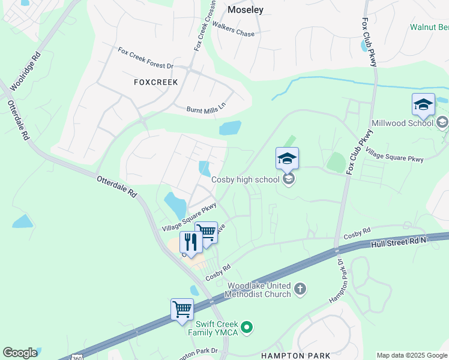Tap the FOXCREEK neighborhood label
click(155, 82)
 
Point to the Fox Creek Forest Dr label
click(145, 58)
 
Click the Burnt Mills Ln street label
click(206, 107)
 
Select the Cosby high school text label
click(246, 179)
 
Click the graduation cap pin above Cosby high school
click(287, 160)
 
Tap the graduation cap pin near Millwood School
click(423, 106)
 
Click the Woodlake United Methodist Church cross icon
click(301, 290)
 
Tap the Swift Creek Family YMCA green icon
click(246, 328)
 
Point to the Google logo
click(20, 353)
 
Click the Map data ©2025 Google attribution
click(412, 355)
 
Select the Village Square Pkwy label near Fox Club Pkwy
click(394, 155)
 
